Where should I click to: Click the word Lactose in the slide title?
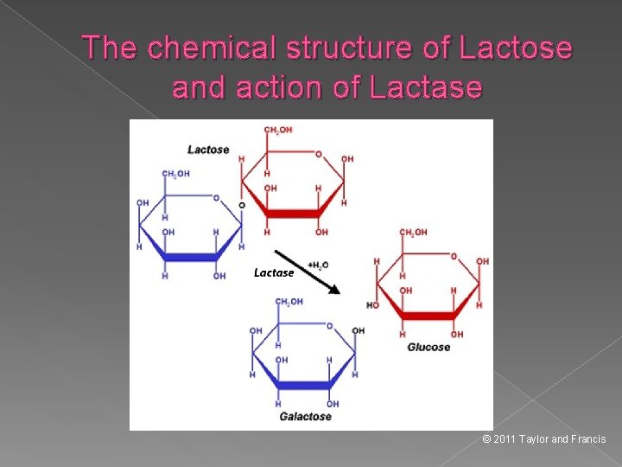517,48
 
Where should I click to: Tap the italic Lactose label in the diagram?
208,150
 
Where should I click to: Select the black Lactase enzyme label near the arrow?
274,272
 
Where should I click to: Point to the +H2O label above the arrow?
318,264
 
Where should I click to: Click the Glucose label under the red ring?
428,347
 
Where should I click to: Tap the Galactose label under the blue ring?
305,416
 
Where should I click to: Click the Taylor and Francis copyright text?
544,439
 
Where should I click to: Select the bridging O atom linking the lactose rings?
241,205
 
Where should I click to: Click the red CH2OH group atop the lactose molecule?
277,130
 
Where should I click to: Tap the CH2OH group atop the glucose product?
413,232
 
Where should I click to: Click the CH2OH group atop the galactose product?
289,302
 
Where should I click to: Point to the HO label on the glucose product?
372,305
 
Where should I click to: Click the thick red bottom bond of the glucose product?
428,316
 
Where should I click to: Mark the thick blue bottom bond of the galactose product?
305,385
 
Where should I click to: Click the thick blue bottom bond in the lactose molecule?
191,257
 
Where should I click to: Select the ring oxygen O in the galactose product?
329,326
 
